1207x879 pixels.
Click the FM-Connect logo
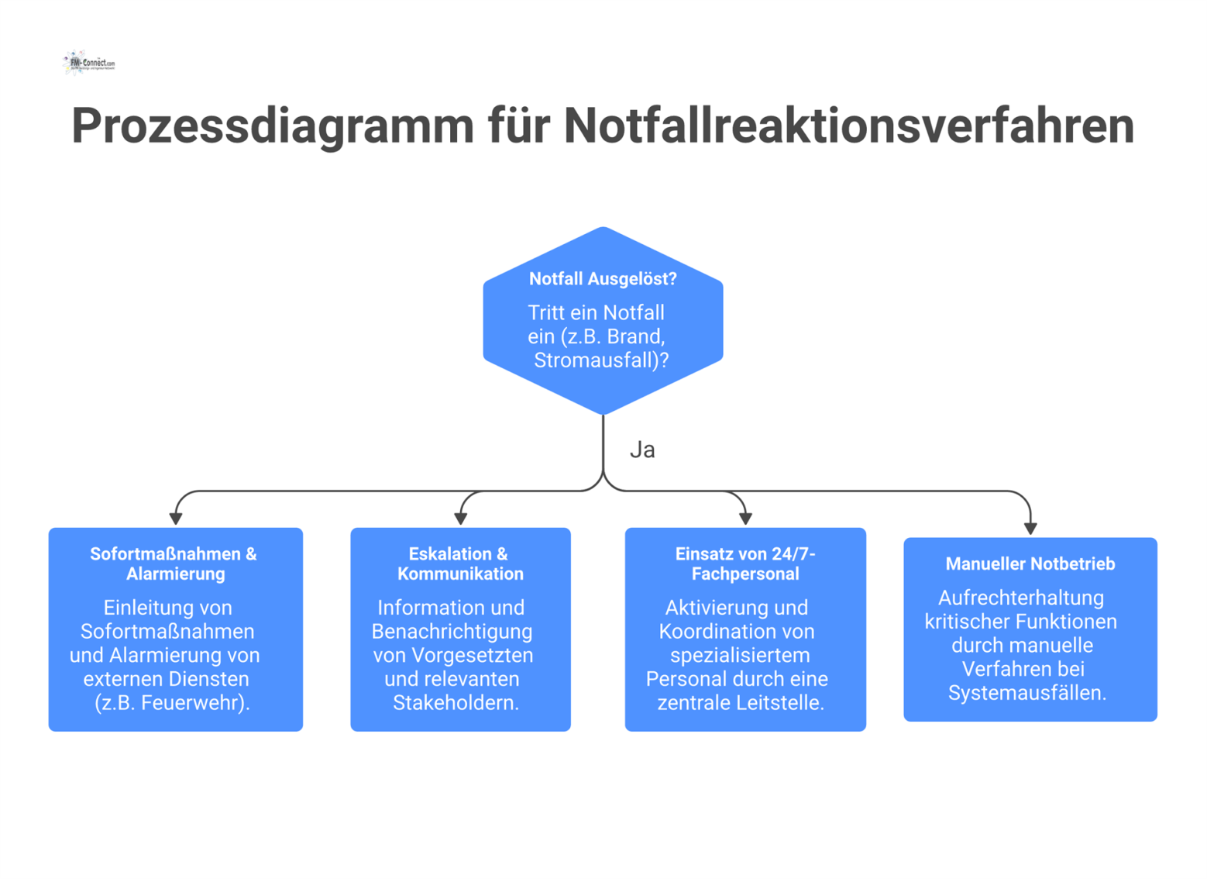tap(88, 62)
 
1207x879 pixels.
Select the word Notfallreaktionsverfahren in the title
tap(848, 126)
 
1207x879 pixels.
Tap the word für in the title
tap(518, 126)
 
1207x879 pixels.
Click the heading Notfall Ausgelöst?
tap(603, 279)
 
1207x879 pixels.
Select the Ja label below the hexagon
tap(642, 450)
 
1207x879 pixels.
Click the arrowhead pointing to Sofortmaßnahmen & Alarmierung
tap(176, 519)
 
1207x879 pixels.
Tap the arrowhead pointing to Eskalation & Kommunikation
tap(460, 519)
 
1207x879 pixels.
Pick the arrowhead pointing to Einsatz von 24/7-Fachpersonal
tap(745, 519)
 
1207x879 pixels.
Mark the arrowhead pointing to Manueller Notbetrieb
tap(1030, 528)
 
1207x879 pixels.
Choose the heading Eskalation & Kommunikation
tap(460, 564)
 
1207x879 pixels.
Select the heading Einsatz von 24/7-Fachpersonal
tap(745, 564)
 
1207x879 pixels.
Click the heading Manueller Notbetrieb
tap(1030, 564)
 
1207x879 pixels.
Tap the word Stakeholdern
tap(456, 703)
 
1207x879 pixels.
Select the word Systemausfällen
tap(1026, 693)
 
